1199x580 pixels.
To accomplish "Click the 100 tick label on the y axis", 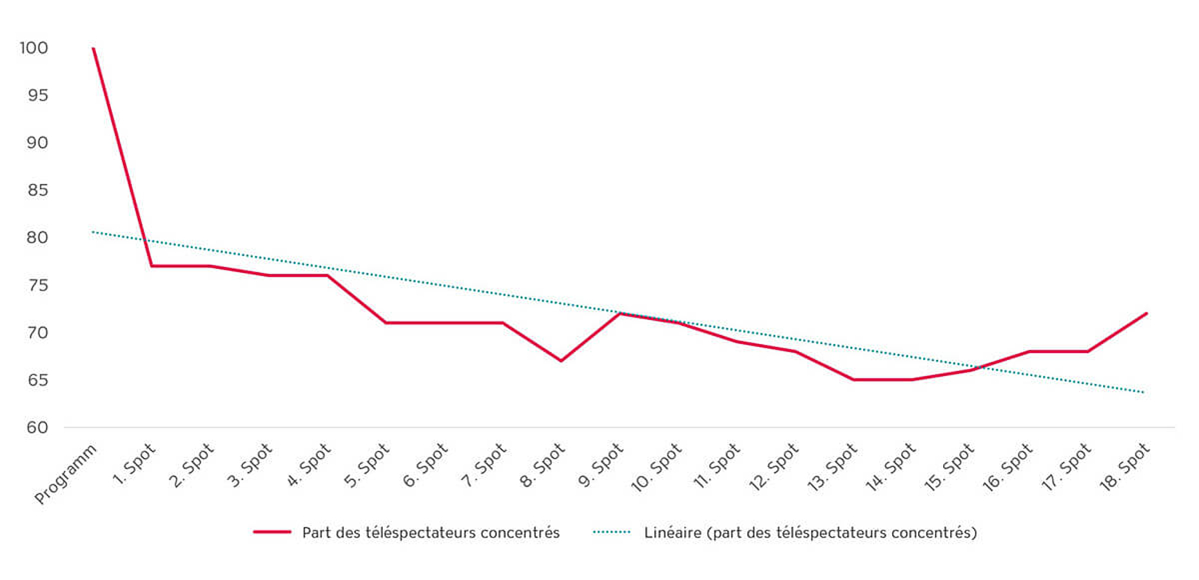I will point(34,48).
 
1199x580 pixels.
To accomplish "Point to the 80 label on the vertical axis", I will point(37,237).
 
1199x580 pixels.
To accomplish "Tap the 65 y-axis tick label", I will point(37,380).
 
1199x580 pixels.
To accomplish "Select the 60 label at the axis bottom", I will point(37,427).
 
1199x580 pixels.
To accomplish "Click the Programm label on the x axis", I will point(66,474).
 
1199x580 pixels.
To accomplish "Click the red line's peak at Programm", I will point(93,48).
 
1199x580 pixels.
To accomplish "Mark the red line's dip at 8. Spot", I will point(561,361).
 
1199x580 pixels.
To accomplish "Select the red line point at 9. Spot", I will point(619,314).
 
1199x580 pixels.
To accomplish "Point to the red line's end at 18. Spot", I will point(1146,314).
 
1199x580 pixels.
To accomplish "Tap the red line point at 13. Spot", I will point(853,379).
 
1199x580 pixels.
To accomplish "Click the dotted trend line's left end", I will point(93,232).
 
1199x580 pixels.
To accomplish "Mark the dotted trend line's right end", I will point(1144,392).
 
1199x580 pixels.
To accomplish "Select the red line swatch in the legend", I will point(272,532).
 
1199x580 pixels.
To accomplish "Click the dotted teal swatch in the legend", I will point(611,532).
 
